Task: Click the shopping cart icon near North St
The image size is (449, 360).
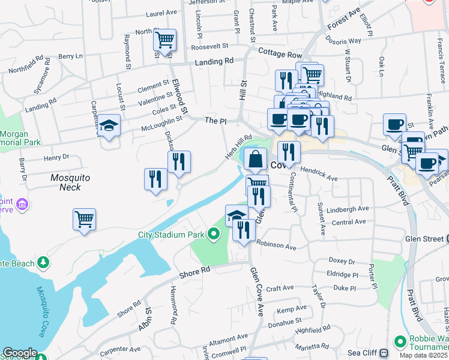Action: point(164,40)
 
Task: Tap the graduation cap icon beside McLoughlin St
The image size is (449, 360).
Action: point(109,125)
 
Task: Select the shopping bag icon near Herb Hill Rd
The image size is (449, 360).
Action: point(256,160)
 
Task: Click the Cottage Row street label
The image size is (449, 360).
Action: point(280,54)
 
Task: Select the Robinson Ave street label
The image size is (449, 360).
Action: point(276,246)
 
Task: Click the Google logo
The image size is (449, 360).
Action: point(20,353)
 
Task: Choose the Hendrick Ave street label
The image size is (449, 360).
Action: point(319,174)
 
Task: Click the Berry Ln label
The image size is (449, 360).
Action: point(70,56)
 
